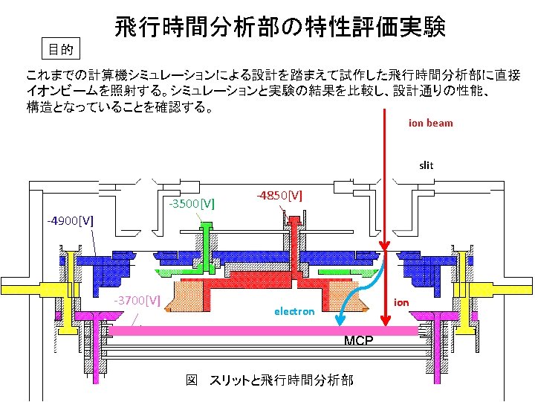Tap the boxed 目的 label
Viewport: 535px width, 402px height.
tap(60, 50)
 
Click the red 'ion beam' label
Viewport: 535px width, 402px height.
tap(430, 123)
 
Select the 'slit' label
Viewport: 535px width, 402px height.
tap(426, 165)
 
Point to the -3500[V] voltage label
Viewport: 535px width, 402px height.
tap(192, 202)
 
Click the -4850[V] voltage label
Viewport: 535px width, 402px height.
tap(279, 195)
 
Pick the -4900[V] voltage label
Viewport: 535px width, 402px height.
tap(70, 221)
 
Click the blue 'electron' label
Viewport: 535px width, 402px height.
tap(294, 311)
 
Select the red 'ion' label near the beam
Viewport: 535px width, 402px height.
tap(401, 301)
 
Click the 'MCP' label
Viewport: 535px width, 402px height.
tap(359, 341)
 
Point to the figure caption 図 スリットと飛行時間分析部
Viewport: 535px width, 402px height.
tap(269, 380)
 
